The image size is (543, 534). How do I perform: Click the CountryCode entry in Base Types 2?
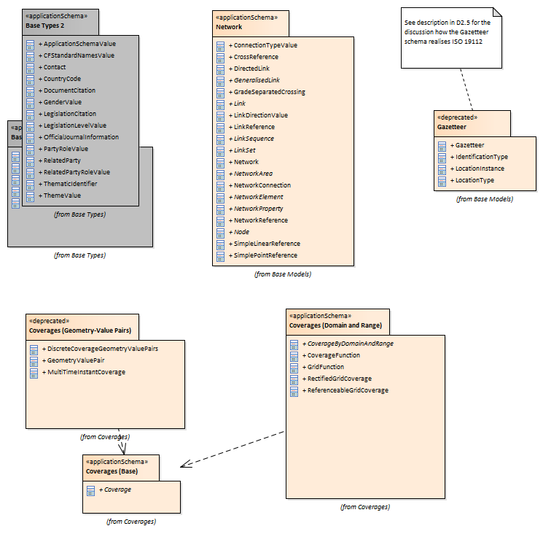click(62, 79)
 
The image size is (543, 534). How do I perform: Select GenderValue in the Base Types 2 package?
click(62, 102)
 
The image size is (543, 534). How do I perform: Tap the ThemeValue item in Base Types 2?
click(62, 196)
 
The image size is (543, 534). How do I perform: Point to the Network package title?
click(229, 27)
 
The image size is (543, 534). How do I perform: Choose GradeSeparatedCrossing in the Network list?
click(269, 92)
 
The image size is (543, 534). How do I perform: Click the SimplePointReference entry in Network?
click(265, 255)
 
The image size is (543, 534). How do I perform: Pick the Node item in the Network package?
click(241, 232)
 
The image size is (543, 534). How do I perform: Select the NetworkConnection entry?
click(262, 185)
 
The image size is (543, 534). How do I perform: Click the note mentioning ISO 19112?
click(448, 36)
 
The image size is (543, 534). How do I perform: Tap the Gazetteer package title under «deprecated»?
click(451, 125)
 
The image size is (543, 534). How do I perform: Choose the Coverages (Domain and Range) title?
click(335, 325)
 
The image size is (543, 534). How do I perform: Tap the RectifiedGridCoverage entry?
click(339, 379)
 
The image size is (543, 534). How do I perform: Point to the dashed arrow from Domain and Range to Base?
click(233, 447)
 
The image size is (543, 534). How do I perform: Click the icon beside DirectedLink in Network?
click(221, 69)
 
